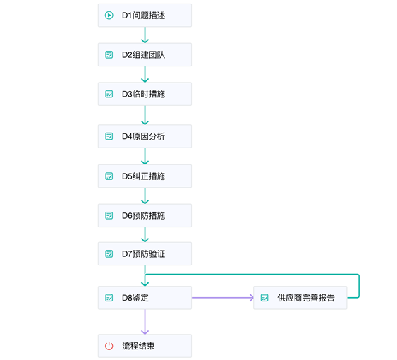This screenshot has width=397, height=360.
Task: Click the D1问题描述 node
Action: tap(145, 15)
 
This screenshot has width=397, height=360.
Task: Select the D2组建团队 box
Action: tap(145, 54)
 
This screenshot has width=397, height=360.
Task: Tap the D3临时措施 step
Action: tap(145, 94)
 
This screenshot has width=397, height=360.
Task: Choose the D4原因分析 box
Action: tap(145, 136)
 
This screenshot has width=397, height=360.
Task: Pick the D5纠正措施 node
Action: tap(145, 176)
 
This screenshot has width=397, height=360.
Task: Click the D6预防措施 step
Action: tap(145, 215)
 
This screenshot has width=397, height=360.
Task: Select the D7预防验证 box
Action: tap(145, 253)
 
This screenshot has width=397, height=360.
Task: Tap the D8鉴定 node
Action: tap(145, 298)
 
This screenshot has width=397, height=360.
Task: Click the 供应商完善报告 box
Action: tap(300, 298)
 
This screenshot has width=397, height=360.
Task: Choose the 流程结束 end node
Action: tap(145, 346)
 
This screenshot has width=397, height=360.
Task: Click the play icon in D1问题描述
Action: tap(109, 15)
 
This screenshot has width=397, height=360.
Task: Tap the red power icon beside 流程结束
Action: tap(109, 346)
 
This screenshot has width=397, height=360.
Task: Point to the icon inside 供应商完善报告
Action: tap(264, 298)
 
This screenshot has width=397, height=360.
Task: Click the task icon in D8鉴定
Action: tap(109, 298)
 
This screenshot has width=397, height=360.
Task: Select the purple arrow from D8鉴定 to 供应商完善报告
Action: tap(222, 298)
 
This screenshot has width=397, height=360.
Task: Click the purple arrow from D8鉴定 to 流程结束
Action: tap(145, 322)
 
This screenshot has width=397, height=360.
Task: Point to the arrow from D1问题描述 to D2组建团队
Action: tap(145, 35)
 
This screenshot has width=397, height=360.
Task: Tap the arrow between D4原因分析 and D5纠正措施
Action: tap(145, 156)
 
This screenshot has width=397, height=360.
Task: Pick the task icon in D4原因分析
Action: tap(109, 136)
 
